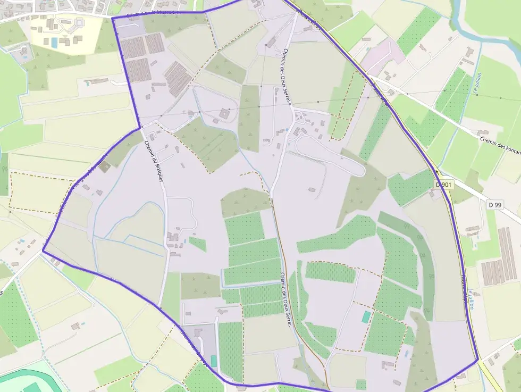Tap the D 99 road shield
pyautogui.click(x=494, y=205)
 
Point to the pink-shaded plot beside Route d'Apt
pyautogui.click(x=383, y=56)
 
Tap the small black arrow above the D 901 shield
pyautogui.click(x=436, y=172)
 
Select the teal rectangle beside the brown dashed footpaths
pyautogui.click(x=366, y=317)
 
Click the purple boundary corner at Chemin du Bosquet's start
pyautogui.click(x=140, y=128)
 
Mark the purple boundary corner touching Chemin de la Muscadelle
pyautogui.click(x=113, y=18)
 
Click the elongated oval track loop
pyautogui.click(x=330, y=154)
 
